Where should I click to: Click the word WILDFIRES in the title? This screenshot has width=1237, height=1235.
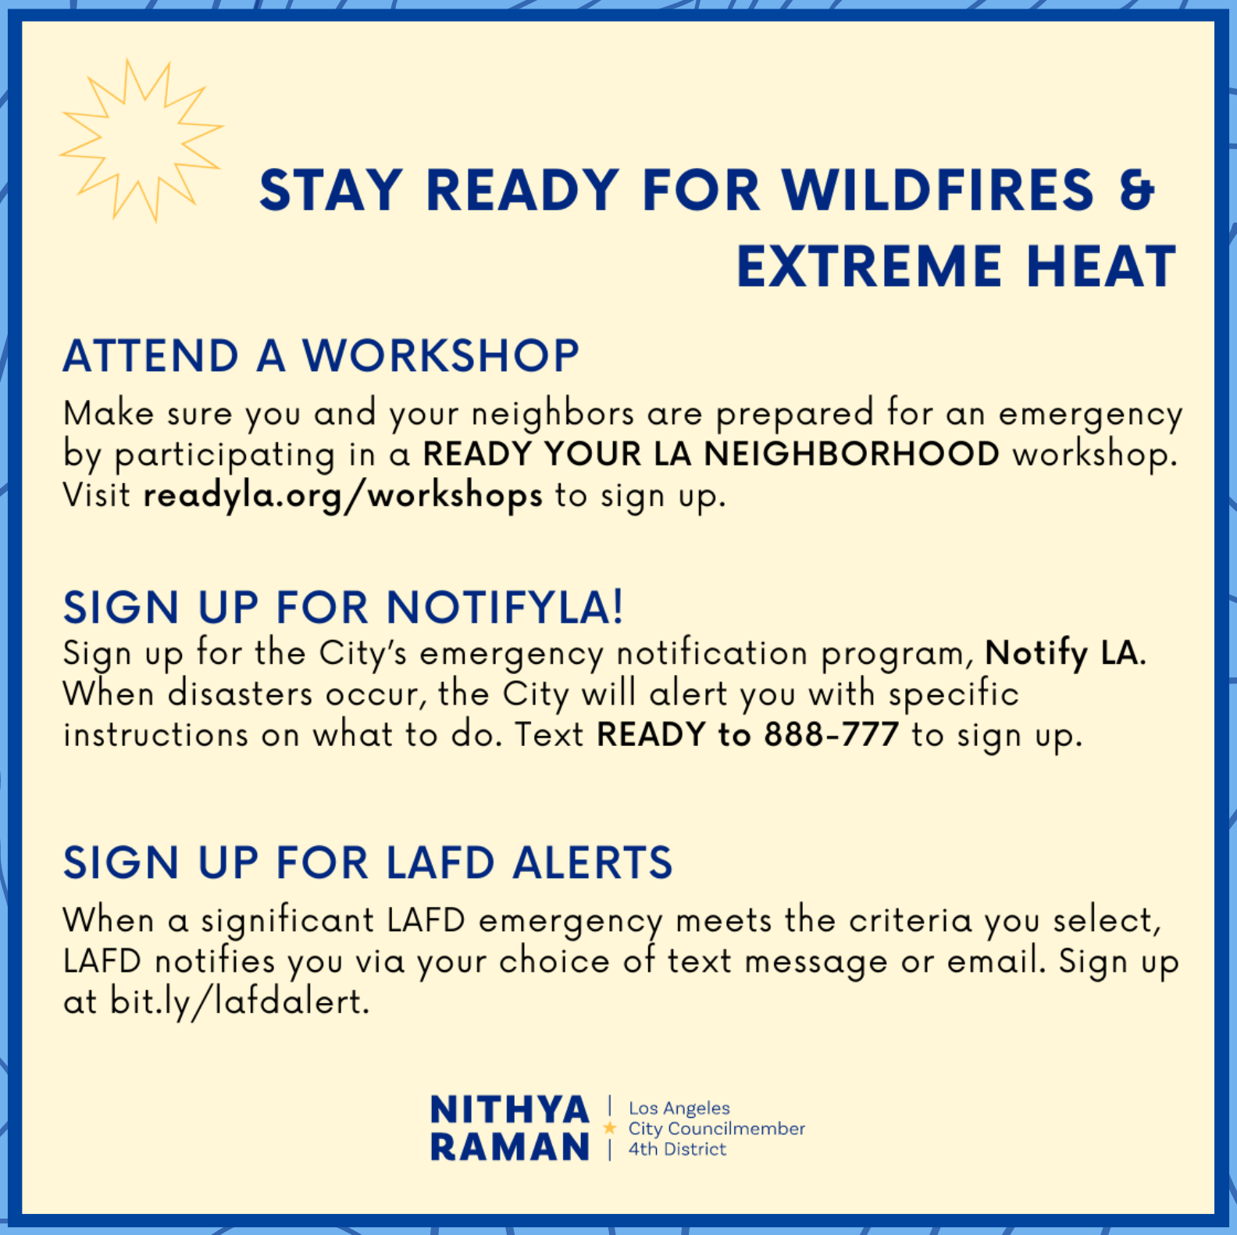click(x=938, y=190)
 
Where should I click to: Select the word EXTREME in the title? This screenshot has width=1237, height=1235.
click(x=869, y=266)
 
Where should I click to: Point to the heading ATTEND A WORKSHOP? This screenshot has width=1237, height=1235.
click(x=321, y=356)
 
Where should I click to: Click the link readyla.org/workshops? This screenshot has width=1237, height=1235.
click(x=343, y=496)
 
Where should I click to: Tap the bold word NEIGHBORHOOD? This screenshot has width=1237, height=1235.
click(x=852, y=454)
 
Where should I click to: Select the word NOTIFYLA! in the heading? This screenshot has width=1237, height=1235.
click(x=505, y=608)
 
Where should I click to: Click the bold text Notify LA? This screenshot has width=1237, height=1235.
click(x=1065, y=654)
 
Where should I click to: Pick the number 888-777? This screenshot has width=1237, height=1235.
click(x=831, y=735)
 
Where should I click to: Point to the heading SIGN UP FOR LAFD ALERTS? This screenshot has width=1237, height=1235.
click(x=368, y=862)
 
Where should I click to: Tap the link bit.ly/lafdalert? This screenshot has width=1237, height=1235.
click(x=240, y=1002)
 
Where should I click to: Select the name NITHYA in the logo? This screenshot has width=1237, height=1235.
click(x=510, y=1110)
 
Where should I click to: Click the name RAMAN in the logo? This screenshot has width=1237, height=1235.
click(x=510, y=1148)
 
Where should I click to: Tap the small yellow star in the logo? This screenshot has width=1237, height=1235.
click(x=610, y=1128)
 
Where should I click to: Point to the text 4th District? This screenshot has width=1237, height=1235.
click(x=677, y=1149)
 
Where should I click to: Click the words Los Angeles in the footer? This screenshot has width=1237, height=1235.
click(x=679, y=1108)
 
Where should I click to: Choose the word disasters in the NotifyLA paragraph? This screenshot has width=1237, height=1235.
click(x=241, y=694)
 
